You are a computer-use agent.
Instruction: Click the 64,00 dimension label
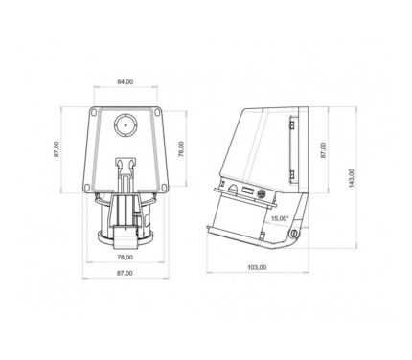point(126,82)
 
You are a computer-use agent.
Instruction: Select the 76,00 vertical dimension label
point(181,149)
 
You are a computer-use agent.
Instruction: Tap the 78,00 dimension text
point(126,257)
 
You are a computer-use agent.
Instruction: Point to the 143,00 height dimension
point(351,178)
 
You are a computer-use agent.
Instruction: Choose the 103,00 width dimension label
point(257,267)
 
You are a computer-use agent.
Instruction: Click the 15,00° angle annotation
point(280,218)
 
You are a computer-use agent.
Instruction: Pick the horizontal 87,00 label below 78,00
point(125,273)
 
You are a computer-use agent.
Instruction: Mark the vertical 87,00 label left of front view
point(57,149)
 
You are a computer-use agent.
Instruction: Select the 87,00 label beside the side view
point(323,150)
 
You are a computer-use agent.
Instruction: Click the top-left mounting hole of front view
point(93,112)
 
